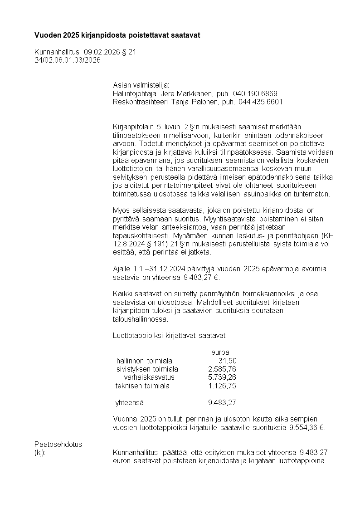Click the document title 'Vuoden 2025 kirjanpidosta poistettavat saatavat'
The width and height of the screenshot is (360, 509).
pos(117,35)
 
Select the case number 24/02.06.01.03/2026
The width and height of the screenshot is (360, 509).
pos(68,60)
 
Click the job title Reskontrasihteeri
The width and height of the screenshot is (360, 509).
pos(140,102)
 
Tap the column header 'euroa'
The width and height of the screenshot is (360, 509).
pos(220,352)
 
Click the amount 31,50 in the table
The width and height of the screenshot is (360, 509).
pos(227,361)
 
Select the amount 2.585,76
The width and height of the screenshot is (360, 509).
pos(222,369)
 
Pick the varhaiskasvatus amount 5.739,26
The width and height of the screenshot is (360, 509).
pos(222,377)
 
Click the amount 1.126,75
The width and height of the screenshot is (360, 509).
pos(222,386)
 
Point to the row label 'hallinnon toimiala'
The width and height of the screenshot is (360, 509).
pos(144,361)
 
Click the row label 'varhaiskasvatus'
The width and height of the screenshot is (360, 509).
pos(149,377)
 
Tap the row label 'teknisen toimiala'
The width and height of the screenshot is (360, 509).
pos(142,386)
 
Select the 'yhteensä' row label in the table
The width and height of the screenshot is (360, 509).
pos(130,402)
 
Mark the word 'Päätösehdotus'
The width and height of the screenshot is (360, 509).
pos(58,444)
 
